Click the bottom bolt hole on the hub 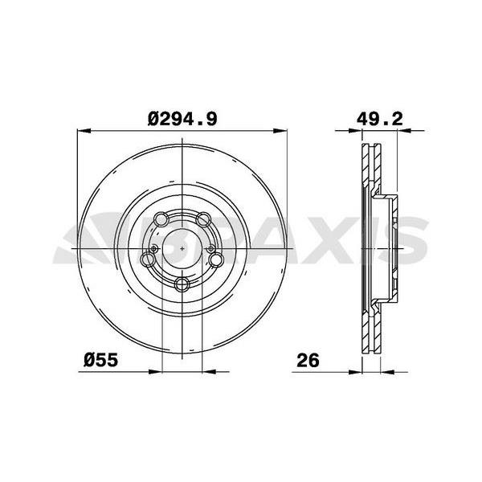pyautogui.click(x=183, y=284)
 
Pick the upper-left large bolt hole pyautogui.click(x=161, y=219)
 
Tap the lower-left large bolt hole pyautogui.click(x=149, y=259)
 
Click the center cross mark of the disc pyautogui.click(x=183, y=249)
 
